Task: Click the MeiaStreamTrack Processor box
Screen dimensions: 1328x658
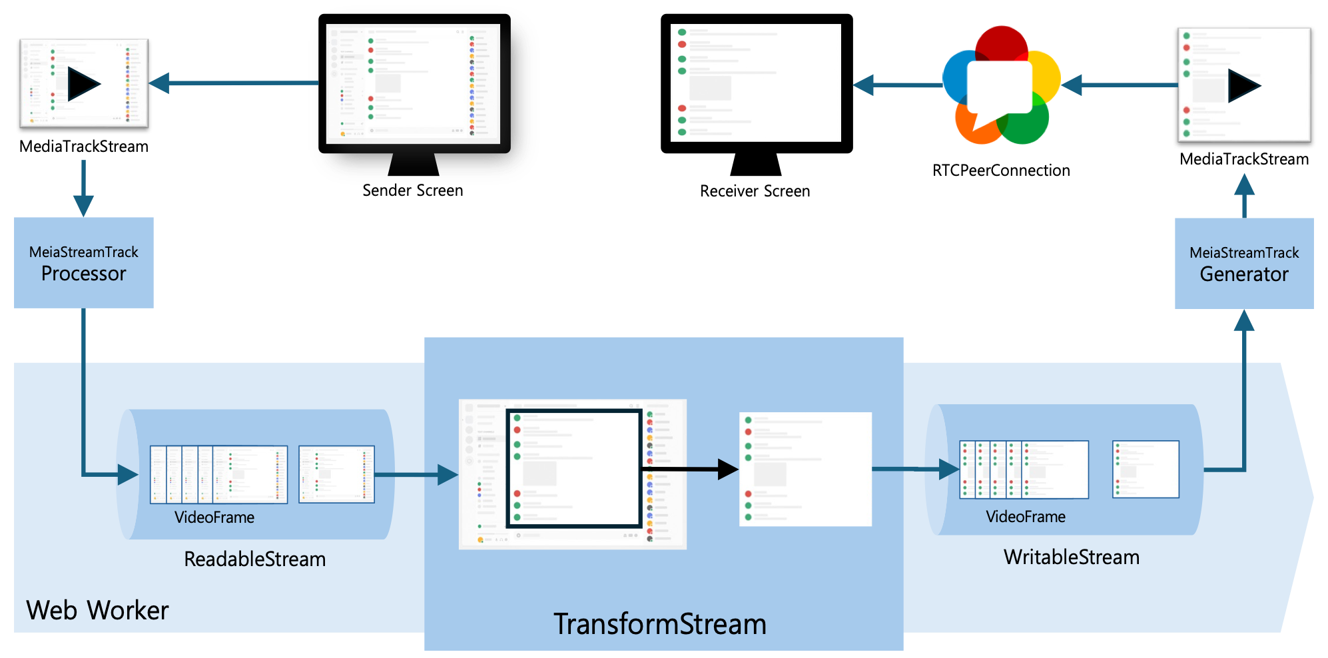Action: pos(84,262)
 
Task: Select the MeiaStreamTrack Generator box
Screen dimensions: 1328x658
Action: pos(1244,263)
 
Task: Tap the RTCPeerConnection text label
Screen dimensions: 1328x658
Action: pos(1001,170)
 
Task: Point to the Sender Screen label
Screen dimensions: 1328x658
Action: pos(412,190)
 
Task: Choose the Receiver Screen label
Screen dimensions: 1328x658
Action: pos(755,191)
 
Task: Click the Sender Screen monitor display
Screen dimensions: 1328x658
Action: pos(414,84)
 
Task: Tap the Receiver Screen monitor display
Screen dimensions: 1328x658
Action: pos(757,84)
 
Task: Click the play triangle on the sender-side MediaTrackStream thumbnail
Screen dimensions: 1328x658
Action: pos(83,84)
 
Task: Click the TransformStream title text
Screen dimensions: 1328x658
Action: pos(660,624)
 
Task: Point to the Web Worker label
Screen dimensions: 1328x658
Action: pos(97,610)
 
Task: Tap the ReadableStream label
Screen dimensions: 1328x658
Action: pos(255,559)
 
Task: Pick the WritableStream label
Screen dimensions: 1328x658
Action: pos(1072,557)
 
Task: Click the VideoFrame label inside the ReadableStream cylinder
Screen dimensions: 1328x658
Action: pos(214,517)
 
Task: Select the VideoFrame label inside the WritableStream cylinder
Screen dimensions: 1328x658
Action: pos(1026,517)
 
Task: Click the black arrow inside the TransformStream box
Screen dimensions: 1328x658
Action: pos(690,469)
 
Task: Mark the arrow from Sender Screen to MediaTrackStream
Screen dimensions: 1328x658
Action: pos(234,83)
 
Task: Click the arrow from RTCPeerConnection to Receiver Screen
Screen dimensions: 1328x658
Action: pos(898,85)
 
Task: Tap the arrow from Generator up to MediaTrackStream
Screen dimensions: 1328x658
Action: pos(1244,196)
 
